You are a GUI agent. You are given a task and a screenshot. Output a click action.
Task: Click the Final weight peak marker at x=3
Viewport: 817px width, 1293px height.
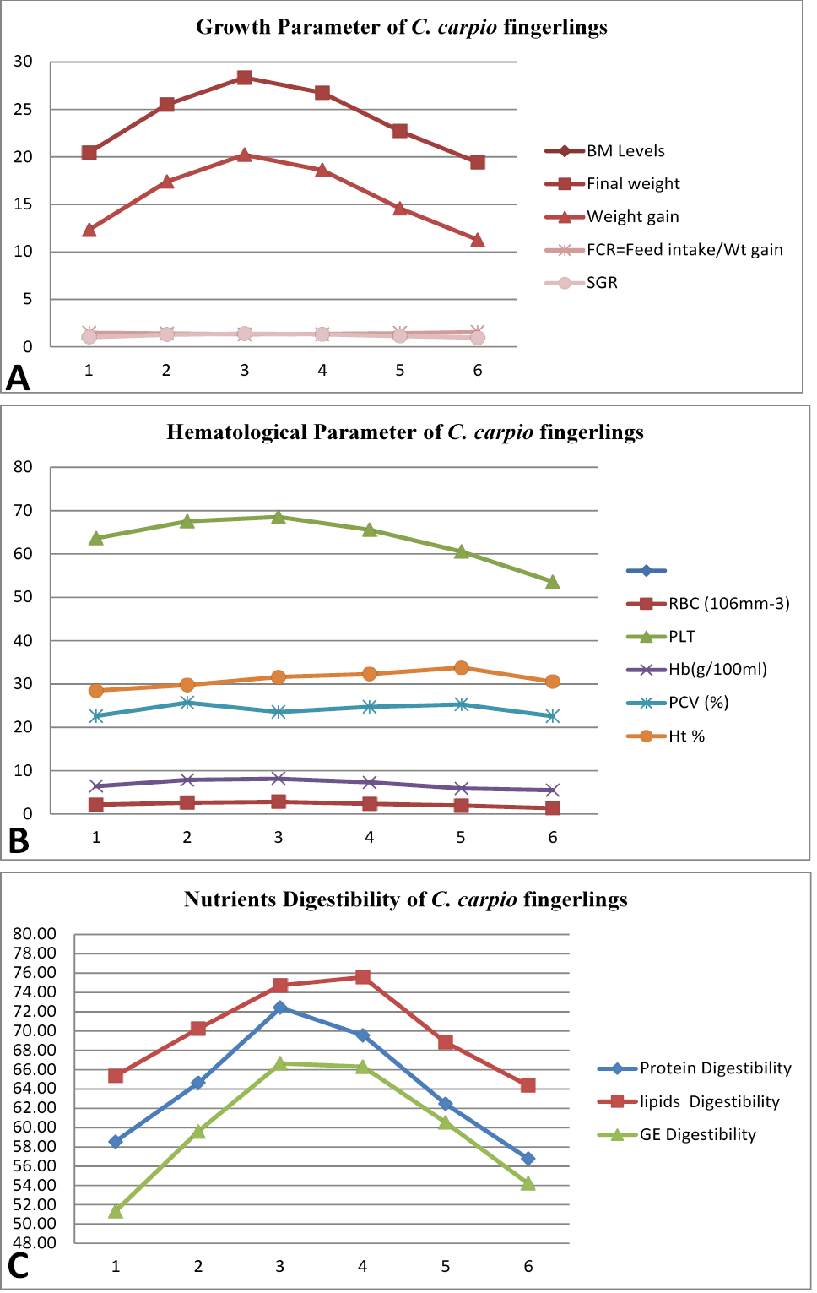point(244,78)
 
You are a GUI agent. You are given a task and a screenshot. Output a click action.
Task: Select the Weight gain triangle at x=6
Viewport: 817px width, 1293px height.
point(477,240)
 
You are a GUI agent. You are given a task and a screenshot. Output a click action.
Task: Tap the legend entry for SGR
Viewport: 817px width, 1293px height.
point(581,283)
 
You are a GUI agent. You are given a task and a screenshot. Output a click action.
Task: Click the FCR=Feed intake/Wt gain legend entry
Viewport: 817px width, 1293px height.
point(664,250)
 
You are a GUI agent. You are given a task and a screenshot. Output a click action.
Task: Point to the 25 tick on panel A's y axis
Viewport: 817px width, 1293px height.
point(23,109)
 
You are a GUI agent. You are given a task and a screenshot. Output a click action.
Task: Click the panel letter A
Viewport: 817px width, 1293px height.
point(18,379)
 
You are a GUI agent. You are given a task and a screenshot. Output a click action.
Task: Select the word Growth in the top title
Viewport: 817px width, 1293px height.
point(233,27)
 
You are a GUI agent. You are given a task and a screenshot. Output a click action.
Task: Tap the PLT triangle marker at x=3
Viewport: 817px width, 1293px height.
point(279,517)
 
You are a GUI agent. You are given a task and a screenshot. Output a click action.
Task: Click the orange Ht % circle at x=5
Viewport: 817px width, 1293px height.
point(461,668)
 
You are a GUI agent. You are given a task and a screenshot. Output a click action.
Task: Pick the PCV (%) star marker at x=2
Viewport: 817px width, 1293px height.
point(187,703)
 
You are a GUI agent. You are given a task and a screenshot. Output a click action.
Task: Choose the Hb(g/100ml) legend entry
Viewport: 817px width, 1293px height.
point(697,670)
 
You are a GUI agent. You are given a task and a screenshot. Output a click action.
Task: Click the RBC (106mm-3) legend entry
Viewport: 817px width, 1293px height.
point(708,604)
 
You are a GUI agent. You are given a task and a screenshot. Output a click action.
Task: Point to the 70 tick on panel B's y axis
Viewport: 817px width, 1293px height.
point(23,510)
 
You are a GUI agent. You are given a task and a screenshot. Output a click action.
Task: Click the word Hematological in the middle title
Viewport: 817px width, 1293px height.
point(236,432)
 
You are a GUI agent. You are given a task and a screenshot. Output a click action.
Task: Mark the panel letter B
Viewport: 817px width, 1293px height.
point(19,841)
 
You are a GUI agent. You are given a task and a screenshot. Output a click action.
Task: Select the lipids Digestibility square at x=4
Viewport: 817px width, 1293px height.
point(362,976)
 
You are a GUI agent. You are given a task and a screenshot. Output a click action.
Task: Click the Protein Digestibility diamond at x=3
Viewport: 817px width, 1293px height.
point(280,1008)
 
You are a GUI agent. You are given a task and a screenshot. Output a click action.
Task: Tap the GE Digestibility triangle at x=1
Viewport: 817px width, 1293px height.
point(116,1210)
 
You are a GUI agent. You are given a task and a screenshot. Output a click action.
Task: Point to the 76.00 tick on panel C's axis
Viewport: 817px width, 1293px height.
point(35,973)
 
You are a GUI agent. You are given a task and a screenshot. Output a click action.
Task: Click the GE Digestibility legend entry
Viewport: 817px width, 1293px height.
point(678,1135)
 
